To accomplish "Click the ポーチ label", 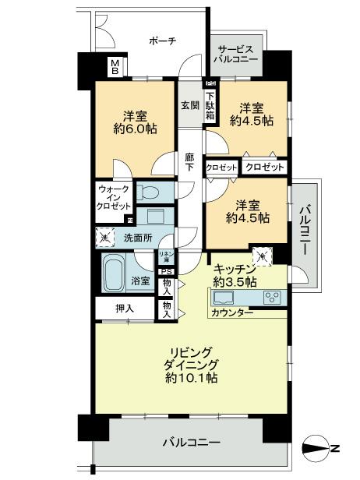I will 161,41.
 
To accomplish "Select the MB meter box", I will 114,67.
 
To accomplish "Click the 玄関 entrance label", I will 190,104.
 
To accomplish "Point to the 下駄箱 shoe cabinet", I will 210,105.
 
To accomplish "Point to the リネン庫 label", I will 165,257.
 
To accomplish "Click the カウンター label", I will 231,312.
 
